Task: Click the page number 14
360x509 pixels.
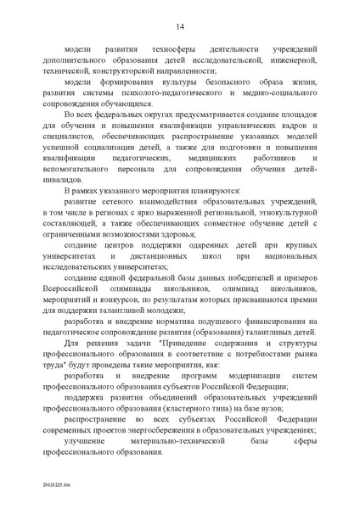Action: click(x=181, y=27)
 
